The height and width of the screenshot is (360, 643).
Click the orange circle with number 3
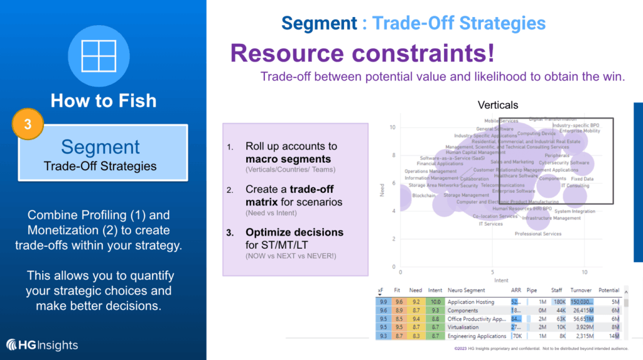tap(28, 124)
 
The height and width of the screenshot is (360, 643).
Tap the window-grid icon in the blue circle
tap(103, 55)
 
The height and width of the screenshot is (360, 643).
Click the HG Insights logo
tap(42, 345)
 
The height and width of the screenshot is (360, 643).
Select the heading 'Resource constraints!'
tap(362, 53)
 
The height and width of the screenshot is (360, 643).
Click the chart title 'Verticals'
tap(497, 105)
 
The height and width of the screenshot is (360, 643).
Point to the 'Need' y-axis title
tap(382, 190)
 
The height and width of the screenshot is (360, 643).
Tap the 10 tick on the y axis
tap(392, 127)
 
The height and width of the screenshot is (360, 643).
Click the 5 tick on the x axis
tap(493, 272)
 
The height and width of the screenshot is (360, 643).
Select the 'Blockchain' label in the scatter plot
tap(423, 195)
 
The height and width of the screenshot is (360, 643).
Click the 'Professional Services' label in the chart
tap(538, 234)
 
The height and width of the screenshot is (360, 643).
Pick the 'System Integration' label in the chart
tap(575, 211)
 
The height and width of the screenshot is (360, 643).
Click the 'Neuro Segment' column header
tap(466, 291)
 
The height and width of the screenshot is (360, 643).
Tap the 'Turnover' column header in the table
tap(581, 291)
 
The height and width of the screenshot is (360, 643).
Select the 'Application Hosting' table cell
tap(470, 302)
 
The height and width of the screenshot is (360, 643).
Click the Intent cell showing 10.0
tap(434, 302)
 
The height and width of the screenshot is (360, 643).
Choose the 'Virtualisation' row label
tap(463, 327)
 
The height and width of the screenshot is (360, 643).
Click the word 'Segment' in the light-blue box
tap(100, 147)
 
